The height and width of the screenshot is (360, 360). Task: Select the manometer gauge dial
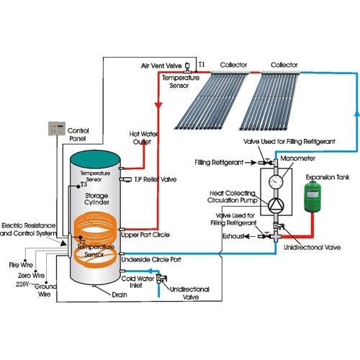pos(274,181)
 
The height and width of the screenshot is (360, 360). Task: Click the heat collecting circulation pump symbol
pos(274,205)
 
